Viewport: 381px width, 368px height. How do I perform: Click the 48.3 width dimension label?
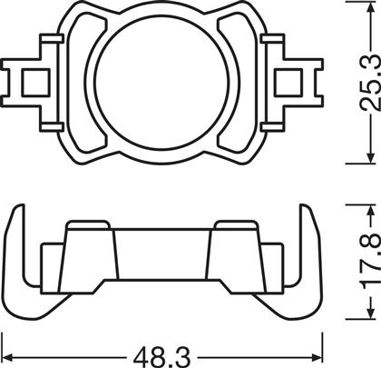[162, 357]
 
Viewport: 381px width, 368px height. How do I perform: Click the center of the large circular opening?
[161, 83]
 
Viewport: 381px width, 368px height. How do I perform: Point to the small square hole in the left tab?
[35, 83]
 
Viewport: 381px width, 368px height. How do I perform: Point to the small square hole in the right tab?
[288, 83]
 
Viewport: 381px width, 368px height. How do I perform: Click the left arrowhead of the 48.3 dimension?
[6, 357]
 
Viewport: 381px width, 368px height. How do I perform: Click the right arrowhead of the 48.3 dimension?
[317, 357]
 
